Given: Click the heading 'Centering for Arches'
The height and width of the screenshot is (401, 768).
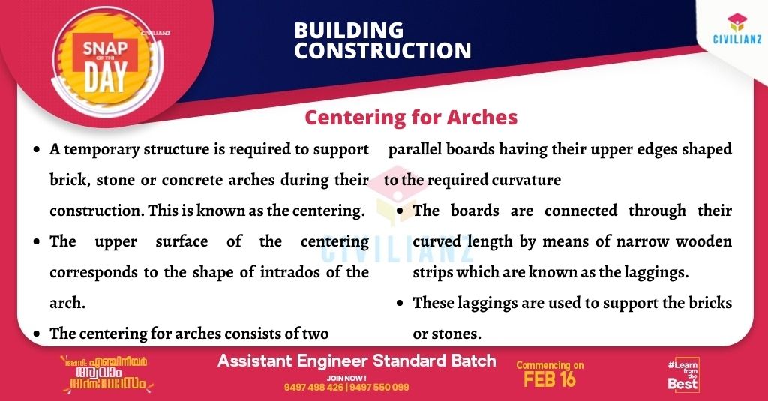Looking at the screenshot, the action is [411, 118].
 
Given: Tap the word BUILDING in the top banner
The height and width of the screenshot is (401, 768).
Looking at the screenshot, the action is [349, 31].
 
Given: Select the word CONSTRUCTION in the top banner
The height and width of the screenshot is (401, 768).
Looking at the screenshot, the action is [382, 51].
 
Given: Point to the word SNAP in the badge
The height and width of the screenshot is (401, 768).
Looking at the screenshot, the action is [105, 48].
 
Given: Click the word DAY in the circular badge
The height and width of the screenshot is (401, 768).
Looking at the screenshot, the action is [105, 77].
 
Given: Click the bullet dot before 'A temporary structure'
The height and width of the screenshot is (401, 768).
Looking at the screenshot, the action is [37, 149].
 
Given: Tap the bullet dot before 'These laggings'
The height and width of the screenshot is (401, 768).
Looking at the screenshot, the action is [400, 303].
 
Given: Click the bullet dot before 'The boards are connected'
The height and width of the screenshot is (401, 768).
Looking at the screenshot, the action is [400, 211].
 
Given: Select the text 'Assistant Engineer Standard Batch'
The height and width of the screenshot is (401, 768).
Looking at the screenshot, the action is [356, 361].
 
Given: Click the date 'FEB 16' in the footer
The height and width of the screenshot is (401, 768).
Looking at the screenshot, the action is [550, 379].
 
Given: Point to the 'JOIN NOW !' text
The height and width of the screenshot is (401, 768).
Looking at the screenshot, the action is [346, 378].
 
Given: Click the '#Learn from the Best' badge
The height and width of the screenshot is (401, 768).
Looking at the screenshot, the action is [683, 375].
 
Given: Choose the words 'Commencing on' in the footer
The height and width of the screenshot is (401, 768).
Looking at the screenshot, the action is [550, 365].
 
